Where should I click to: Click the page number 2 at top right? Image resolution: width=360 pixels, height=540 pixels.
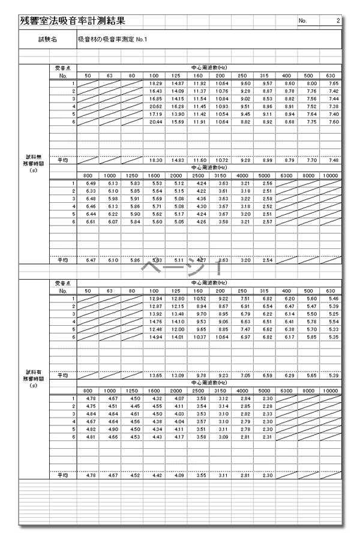click(338, 21)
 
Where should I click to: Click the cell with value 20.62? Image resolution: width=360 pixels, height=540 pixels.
click(156, 106)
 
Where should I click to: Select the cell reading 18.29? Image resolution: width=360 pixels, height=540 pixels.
click(156, 83)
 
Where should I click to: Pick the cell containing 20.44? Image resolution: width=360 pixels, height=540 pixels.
click(156, 122)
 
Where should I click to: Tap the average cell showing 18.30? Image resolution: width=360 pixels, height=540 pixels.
click(156, 161)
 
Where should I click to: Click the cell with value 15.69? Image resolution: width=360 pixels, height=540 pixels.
click(178, 122)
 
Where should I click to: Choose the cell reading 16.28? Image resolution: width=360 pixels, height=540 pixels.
click(178, 106)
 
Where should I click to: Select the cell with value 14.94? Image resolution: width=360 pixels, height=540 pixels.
click(156, 337)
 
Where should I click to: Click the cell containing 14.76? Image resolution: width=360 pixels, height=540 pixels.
click(156, 322)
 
